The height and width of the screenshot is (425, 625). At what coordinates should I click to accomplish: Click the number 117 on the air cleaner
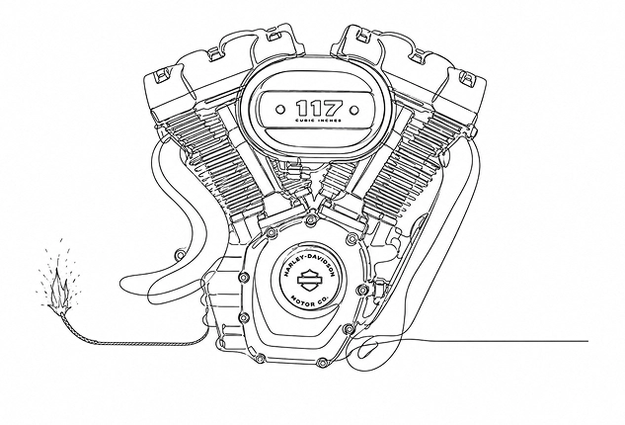319,108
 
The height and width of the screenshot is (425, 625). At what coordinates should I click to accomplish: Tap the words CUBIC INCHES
319,121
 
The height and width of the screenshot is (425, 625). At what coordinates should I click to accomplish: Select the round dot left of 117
281,109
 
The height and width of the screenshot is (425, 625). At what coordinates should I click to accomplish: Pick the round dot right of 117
353,110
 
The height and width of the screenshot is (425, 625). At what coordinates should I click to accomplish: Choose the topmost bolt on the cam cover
310,219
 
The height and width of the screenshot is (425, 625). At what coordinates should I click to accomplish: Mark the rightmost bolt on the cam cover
362,290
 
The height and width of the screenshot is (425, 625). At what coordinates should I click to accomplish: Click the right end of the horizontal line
587,341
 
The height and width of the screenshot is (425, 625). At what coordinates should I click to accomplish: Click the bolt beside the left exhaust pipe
181,254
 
